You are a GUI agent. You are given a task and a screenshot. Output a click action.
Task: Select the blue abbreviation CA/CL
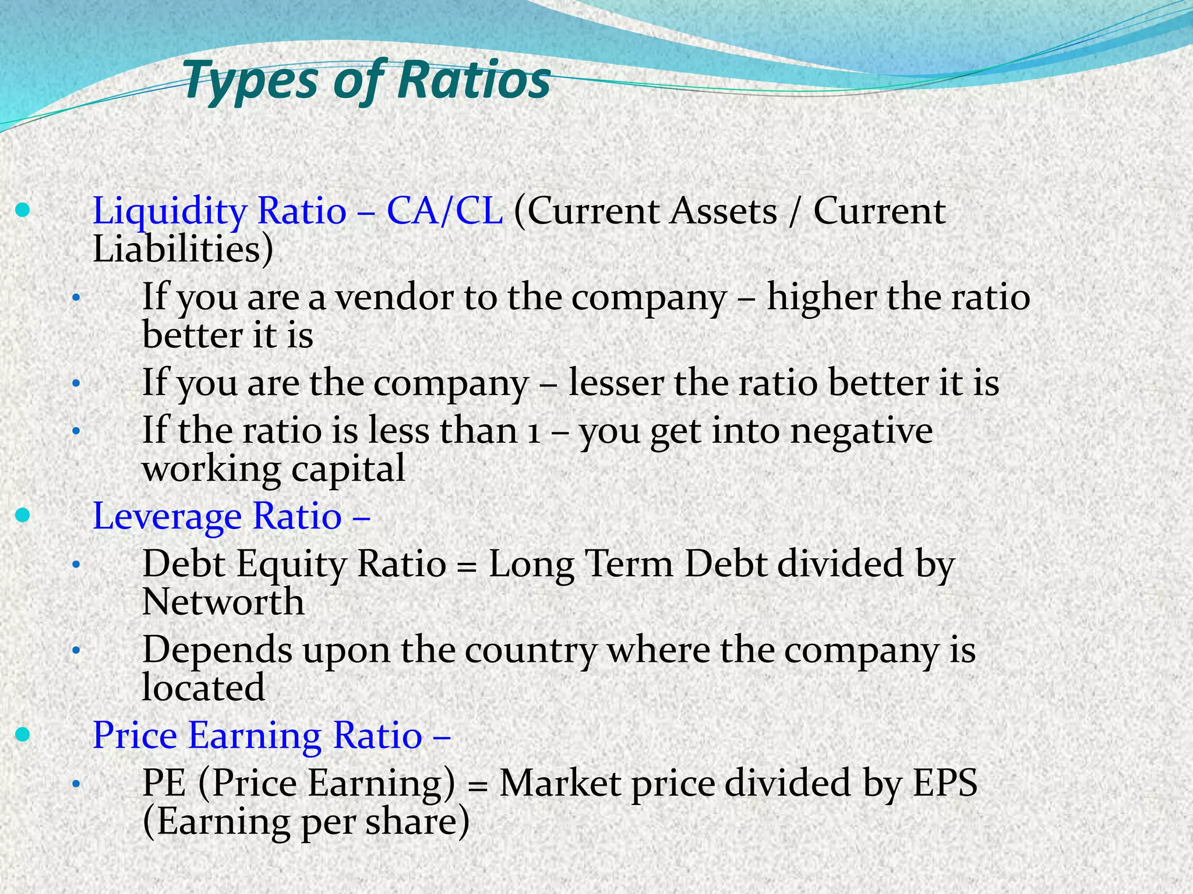point(444,211)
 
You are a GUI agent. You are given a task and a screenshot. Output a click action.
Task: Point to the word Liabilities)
point(182,250)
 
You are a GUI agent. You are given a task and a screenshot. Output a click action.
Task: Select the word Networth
point(223,602)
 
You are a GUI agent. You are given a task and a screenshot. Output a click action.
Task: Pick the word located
point(203,688)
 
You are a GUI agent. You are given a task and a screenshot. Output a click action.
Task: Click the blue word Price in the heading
point(135,735)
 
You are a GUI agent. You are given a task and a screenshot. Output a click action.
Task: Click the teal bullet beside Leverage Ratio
point(22,516)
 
